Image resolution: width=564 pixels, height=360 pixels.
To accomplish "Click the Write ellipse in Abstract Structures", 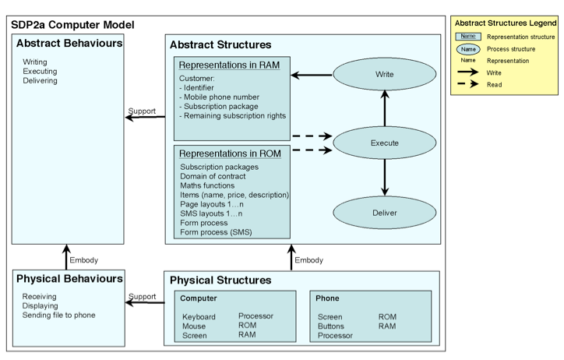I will pos(383,76).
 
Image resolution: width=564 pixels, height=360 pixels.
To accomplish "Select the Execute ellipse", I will pos(383,143).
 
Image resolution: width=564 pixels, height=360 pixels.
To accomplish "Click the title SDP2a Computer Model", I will pos(72,25).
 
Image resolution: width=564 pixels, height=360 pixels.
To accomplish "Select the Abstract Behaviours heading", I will pos(69,44).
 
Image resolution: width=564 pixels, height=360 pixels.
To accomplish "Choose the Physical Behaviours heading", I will pos(69,278).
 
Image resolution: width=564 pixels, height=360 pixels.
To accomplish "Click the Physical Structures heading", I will pos(220,280).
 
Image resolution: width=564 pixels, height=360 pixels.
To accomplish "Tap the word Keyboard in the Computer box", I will pos(199,316).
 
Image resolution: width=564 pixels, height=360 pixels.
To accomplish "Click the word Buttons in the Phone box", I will pos(331,326).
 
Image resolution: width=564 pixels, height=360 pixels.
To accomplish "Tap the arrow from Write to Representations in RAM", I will pos(312,76).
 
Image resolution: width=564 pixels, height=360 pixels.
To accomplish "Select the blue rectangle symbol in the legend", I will pos(468,37).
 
